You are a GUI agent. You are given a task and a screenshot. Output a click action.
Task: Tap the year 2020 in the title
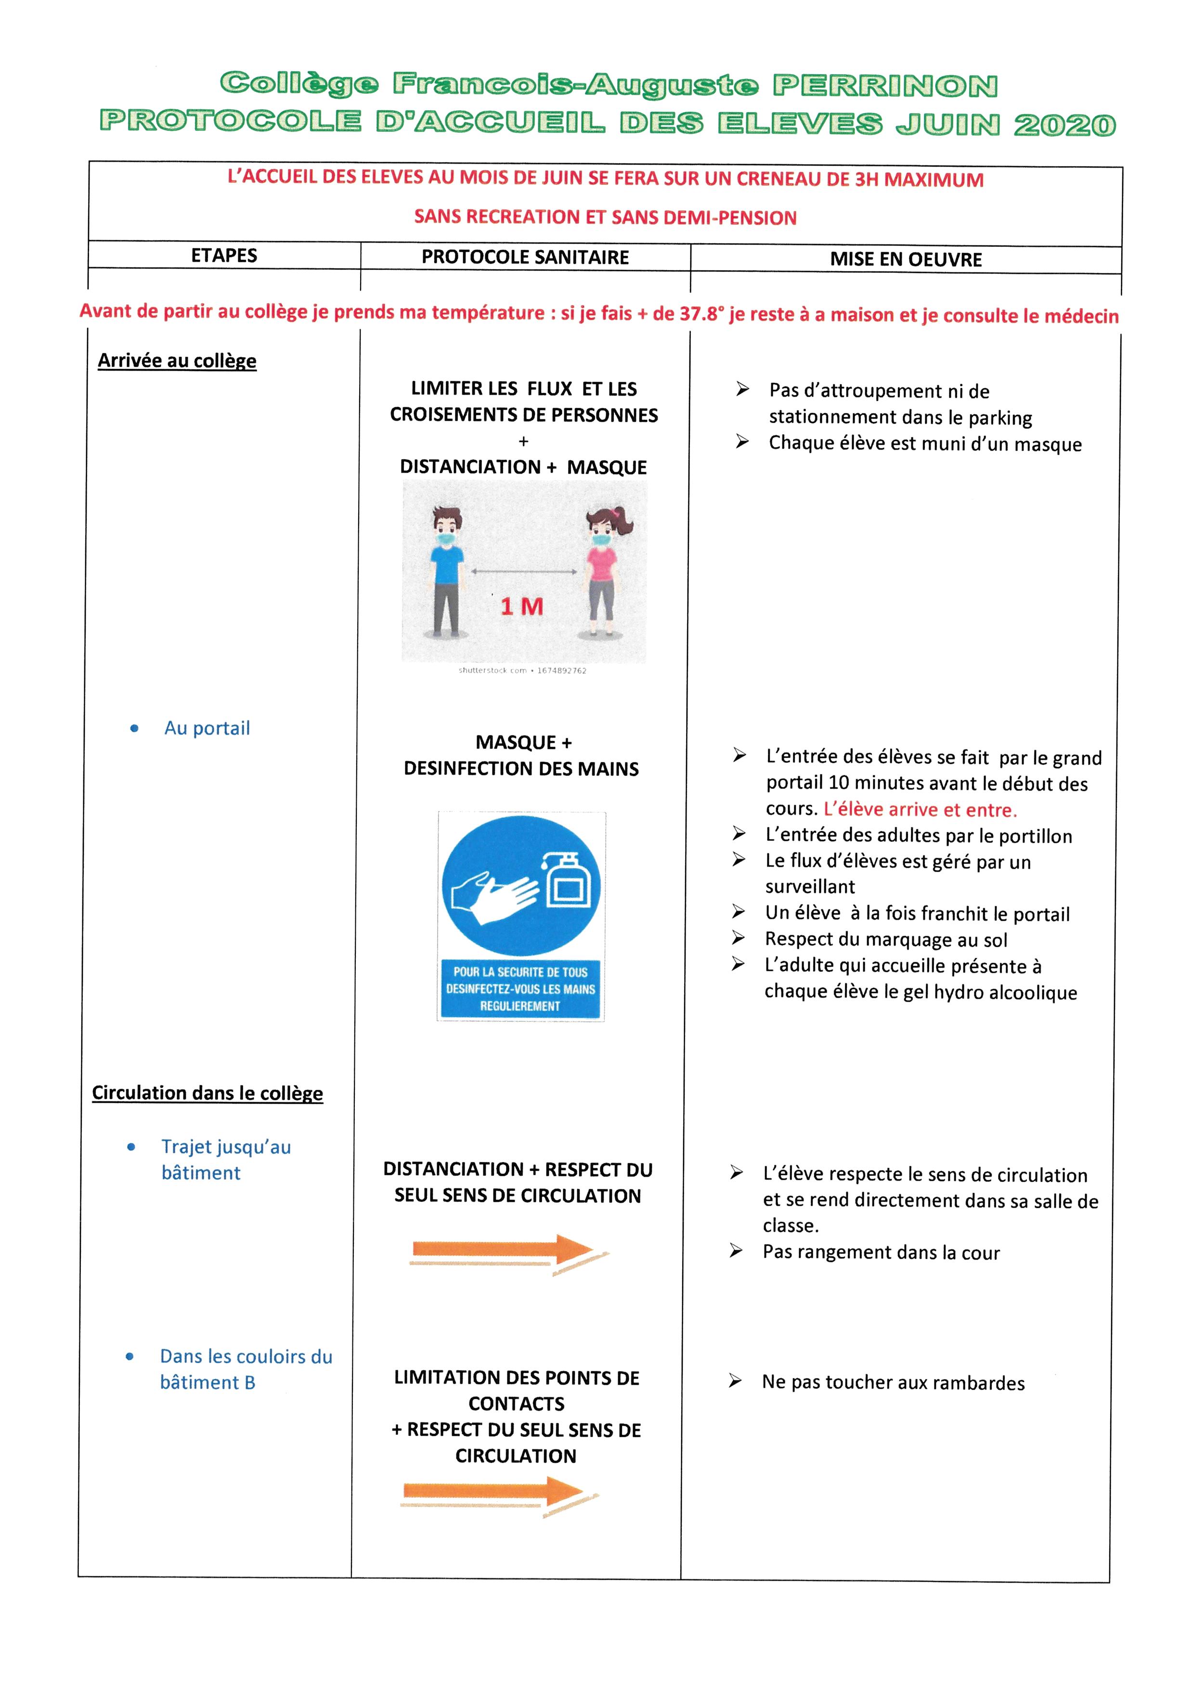click(1064, 125)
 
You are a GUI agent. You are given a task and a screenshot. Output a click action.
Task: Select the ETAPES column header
click(224, 256)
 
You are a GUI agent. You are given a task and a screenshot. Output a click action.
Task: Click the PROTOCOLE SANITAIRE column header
click(525, 258)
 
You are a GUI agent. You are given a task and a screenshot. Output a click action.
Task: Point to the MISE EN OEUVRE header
click(906, 259)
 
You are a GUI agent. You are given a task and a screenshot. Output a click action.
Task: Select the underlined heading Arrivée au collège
click(177, 361)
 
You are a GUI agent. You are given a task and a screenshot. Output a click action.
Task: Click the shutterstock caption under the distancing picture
click(522, 670)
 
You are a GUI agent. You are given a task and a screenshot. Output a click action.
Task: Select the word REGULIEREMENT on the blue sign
click(520, 1006)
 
